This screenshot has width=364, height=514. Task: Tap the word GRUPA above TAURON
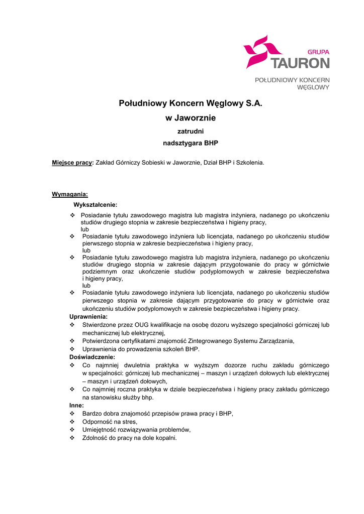click(318, 52)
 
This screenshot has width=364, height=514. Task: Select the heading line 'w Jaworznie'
click(191, 118)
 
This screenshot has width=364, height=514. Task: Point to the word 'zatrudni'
click(191, 132)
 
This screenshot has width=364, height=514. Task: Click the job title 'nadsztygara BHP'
click(191, 143)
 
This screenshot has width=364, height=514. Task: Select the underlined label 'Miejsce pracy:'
click(73, 163)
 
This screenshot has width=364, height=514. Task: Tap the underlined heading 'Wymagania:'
click(70, 194)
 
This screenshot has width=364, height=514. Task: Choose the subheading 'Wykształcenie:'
click(96, 205)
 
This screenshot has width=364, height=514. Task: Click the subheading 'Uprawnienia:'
click(88, 317)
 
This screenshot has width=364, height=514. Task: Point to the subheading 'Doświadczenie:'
click(92, 356)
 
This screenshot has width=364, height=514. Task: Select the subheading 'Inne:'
click(76, 405)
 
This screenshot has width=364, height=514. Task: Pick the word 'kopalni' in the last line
click(165, 438)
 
